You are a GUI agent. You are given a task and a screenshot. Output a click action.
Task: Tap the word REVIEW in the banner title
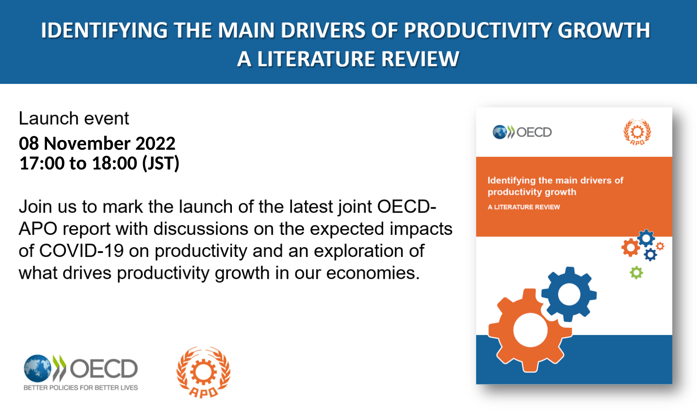pyautogui.click(x=420, y=59)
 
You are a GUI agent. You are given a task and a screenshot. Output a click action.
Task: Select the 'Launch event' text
pyautogui.click(x=74, y=118)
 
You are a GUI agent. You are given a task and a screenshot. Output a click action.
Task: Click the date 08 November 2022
pyautogui.click(x=97, y=144)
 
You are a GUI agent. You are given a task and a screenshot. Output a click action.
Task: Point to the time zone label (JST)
pyautogui.click(x=161, y=163)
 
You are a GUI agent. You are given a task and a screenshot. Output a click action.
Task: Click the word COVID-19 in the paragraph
pyautogui.click(x=82, y=250)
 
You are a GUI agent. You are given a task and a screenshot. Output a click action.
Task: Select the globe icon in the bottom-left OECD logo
pyautogui.click(x=38, y=368)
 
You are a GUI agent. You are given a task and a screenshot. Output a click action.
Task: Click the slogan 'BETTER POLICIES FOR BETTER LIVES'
pyautogui.click(x=80, y=388)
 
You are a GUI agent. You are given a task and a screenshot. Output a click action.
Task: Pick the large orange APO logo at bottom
pyautogui.click(x=203, y=372)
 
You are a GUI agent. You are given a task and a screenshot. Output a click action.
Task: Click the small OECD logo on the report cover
pyautogui.click(x=522, y=132)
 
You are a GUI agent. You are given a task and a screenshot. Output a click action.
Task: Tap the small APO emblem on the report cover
pyautogui.click(x=637, y=132)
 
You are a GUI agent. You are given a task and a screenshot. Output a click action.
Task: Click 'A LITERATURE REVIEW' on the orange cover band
pyautogui.click(x=524, y=207)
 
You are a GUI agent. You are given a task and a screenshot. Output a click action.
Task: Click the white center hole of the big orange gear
pyautogui.click(x=530, y=330)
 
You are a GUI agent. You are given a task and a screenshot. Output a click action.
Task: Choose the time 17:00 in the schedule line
pyautogui.click(x=42, y=163)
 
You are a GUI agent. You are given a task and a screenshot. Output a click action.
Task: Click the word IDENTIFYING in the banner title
pyautogui.click(x=104, y=30)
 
